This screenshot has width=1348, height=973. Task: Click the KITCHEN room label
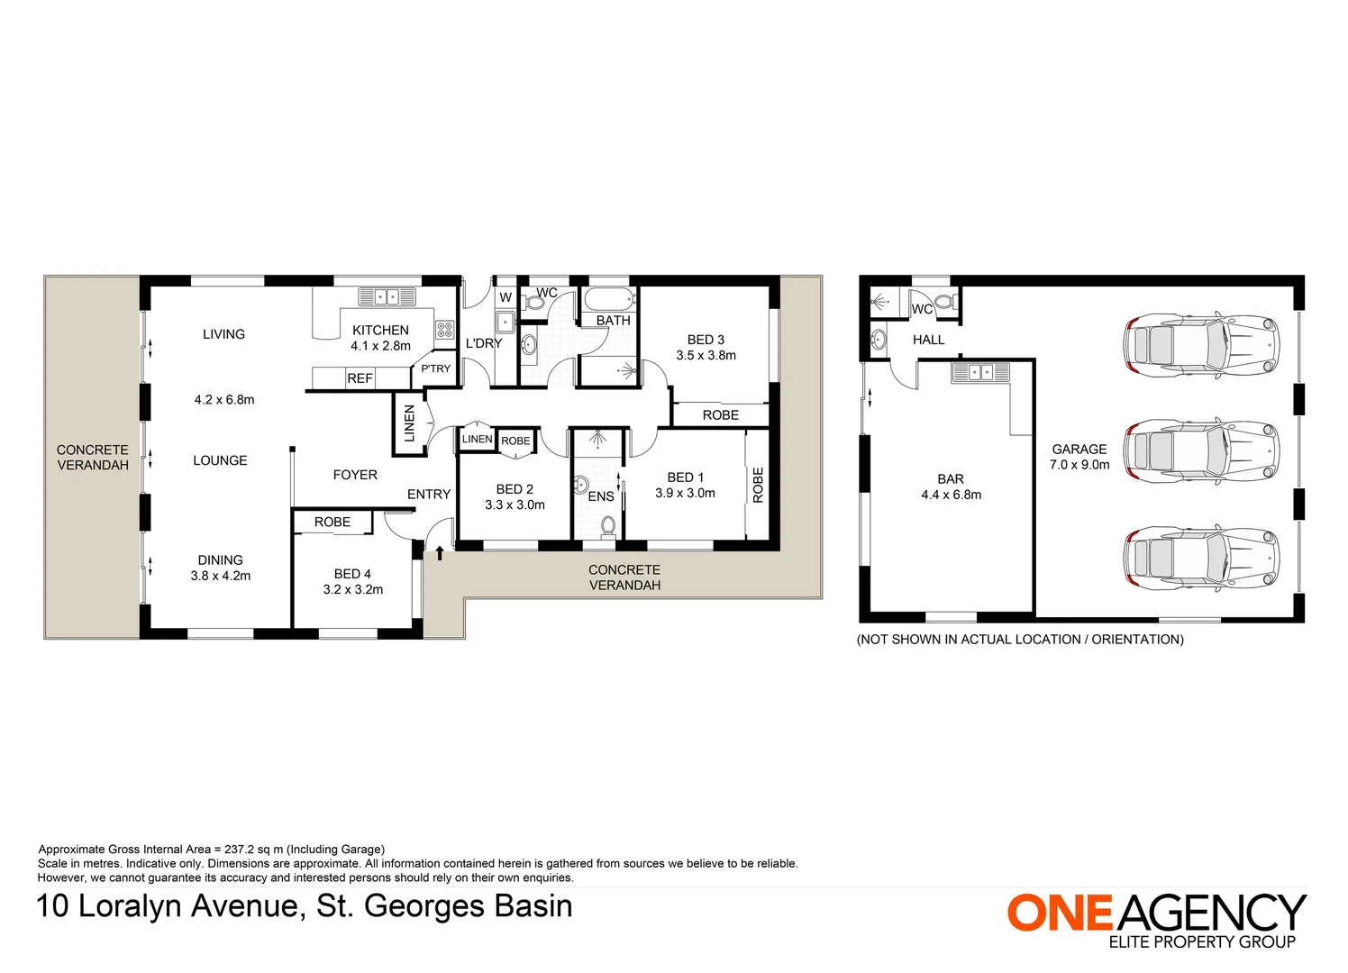coord(380,331)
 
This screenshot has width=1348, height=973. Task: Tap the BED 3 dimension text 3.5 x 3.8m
coord(706,356)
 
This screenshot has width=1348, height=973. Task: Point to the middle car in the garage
coord(1201,449)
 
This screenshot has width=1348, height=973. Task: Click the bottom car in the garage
coord(1201,556)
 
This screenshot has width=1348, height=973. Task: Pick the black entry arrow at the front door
coord(440,553)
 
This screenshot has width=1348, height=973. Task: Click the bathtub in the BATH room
coord(610,300)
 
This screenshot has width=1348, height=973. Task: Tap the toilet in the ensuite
coord(608,525)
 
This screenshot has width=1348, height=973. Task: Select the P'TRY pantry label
coord(435,368)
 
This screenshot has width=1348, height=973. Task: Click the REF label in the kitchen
coord(360,379)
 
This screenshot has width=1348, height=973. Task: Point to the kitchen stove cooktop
coord(444,330)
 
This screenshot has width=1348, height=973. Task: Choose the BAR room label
coord(951,479)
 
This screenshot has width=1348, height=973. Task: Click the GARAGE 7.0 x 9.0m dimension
coord(1079,465)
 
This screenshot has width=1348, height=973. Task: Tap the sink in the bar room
coord(980,372)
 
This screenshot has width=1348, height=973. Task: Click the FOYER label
coord(355,475)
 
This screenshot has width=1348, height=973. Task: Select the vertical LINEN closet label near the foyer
coord(409,423)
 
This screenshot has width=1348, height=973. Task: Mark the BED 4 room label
coord(352,574)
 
